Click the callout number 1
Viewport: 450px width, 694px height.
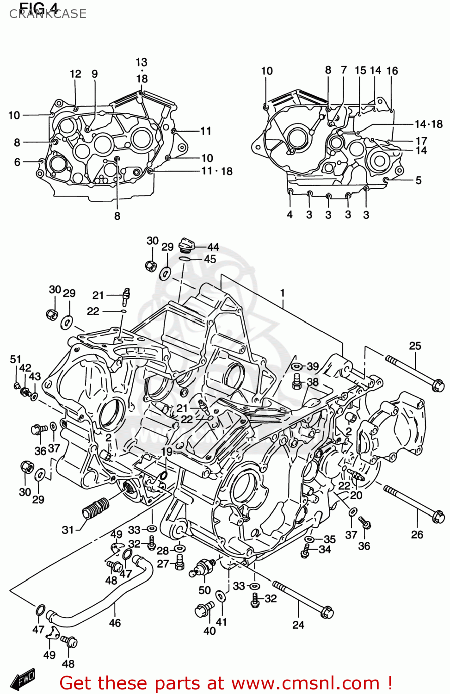click(x=282, y=293)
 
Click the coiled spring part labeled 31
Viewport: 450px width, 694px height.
click(x=96, y=508)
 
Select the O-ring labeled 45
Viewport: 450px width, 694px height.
click(x=185, y=258)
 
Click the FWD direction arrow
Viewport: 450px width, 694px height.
click(x=23, y=679)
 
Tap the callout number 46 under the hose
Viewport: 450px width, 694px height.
click(x=115, y=623)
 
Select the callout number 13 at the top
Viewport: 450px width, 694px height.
click(x=142, y=62)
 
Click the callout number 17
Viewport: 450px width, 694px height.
click(x=421, y=141)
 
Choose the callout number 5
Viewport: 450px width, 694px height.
click(x=418, y=180)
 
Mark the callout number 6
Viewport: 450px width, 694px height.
click(x=17, y=162)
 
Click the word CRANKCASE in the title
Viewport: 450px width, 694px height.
click(x=48, y=14)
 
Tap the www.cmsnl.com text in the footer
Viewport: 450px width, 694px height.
click(x=305, y=683)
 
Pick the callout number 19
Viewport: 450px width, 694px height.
click(x=166, y=452)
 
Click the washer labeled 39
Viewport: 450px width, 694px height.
click(x=298, y=366)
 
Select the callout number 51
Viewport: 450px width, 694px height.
click(x=16, y=359)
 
